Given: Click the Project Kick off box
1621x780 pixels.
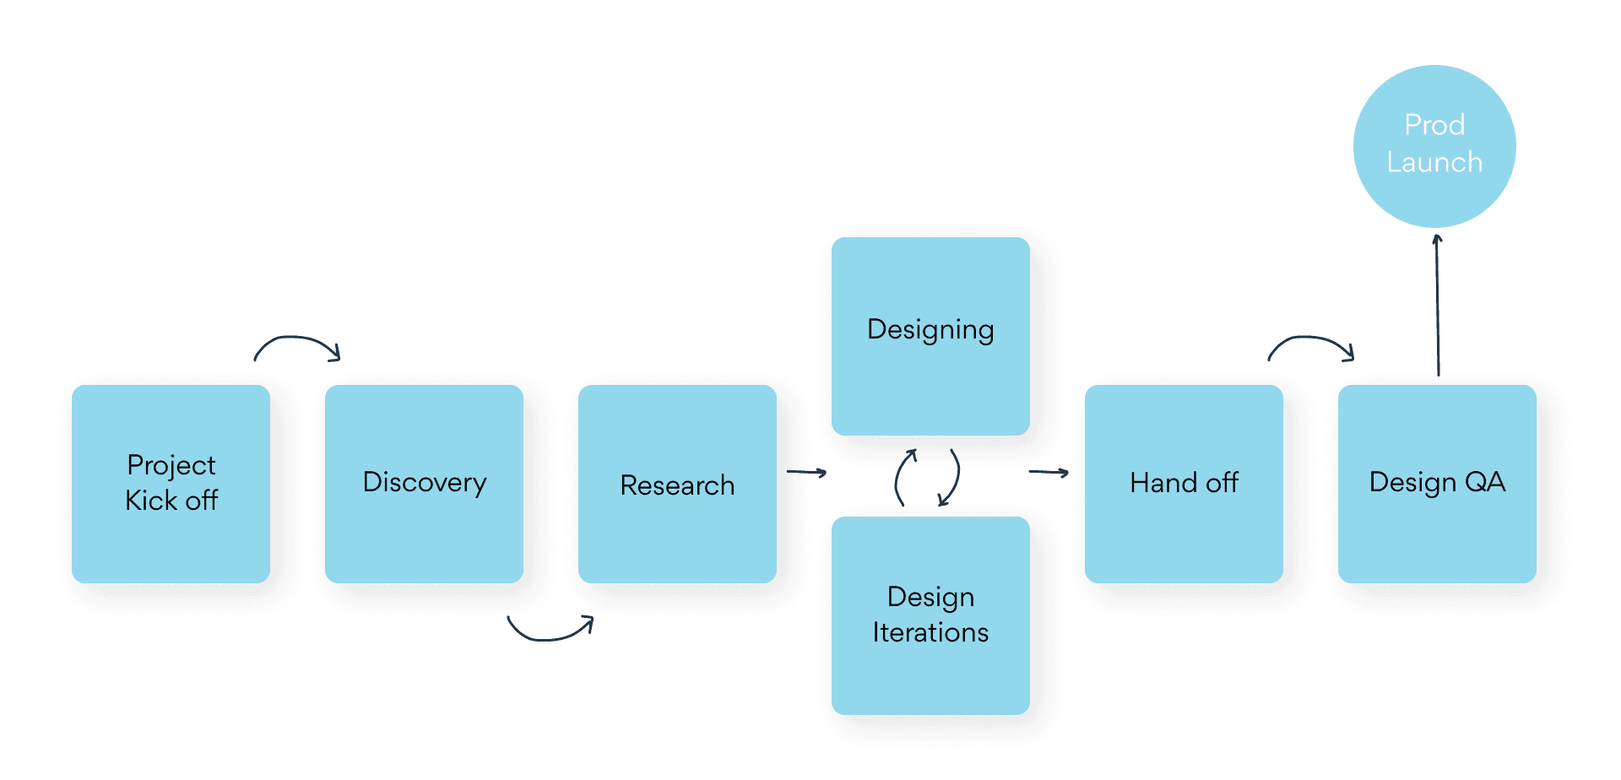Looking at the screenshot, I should click(171, 484).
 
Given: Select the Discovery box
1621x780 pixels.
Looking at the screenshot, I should click(424, 484).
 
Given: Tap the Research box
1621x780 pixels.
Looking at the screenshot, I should click(677, 484).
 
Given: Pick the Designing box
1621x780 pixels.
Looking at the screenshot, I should click(930, 336).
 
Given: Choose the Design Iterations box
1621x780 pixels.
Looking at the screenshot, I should click(930, 615).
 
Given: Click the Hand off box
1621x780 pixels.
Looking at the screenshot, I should click(1184, 484).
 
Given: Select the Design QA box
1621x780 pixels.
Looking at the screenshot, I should click(1437, 484).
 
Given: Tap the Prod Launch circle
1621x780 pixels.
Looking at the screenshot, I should click(1434, 146).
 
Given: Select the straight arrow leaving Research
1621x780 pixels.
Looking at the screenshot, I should click(806, 473).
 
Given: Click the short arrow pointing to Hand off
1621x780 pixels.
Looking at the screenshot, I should click(1049, 473).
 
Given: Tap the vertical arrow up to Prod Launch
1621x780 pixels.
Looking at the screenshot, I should click(1438, 304).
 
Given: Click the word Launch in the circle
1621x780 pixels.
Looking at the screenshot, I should click(1434, 162).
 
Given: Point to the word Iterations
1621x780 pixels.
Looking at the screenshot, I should click(930, 632).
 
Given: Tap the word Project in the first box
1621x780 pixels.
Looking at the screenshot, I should click(171, 465).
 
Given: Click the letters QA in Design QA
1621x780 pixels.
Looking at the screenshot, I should click(1485, 482).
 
